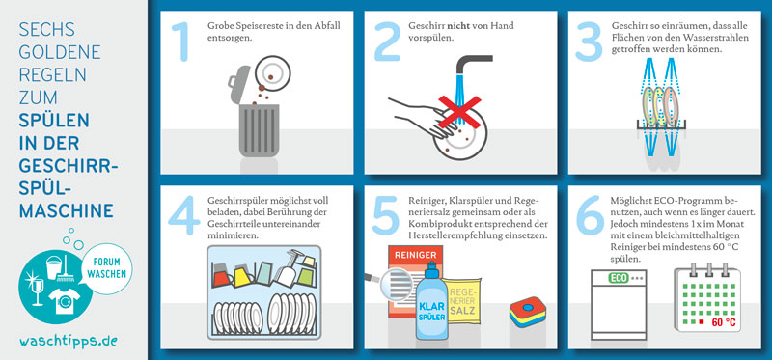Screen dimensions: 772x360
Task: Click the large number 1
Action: pos(182,42)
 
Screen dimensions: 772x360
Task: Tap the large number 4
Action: pos(184,215)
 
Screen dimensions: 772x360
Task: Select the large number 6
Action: pos(590,215)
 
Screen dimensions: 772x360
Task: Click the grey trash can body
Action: pos(259,131)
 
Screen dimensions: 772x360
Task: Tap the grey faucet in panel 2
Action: pos(471,64)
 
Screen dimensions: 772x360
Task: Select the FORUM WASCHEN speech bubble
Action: pos(106,268)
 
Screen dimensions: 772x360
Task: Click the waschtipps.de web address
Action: pos(69,341)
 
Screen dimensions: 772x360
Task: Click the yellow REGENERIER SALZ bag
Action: pos(461,300)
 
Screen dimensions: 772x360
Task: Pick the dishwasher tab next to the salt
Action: pos(527,311)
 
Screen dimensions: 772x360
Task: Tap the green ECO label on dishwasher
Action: pos(619,278)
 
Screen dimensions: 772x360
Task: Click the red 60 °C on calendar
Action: pos(724,322)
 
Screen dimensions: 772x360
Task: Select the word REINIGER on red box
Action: pos(416,255)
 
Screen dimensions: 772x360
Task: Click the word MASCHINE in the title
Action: pos(67,210)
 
